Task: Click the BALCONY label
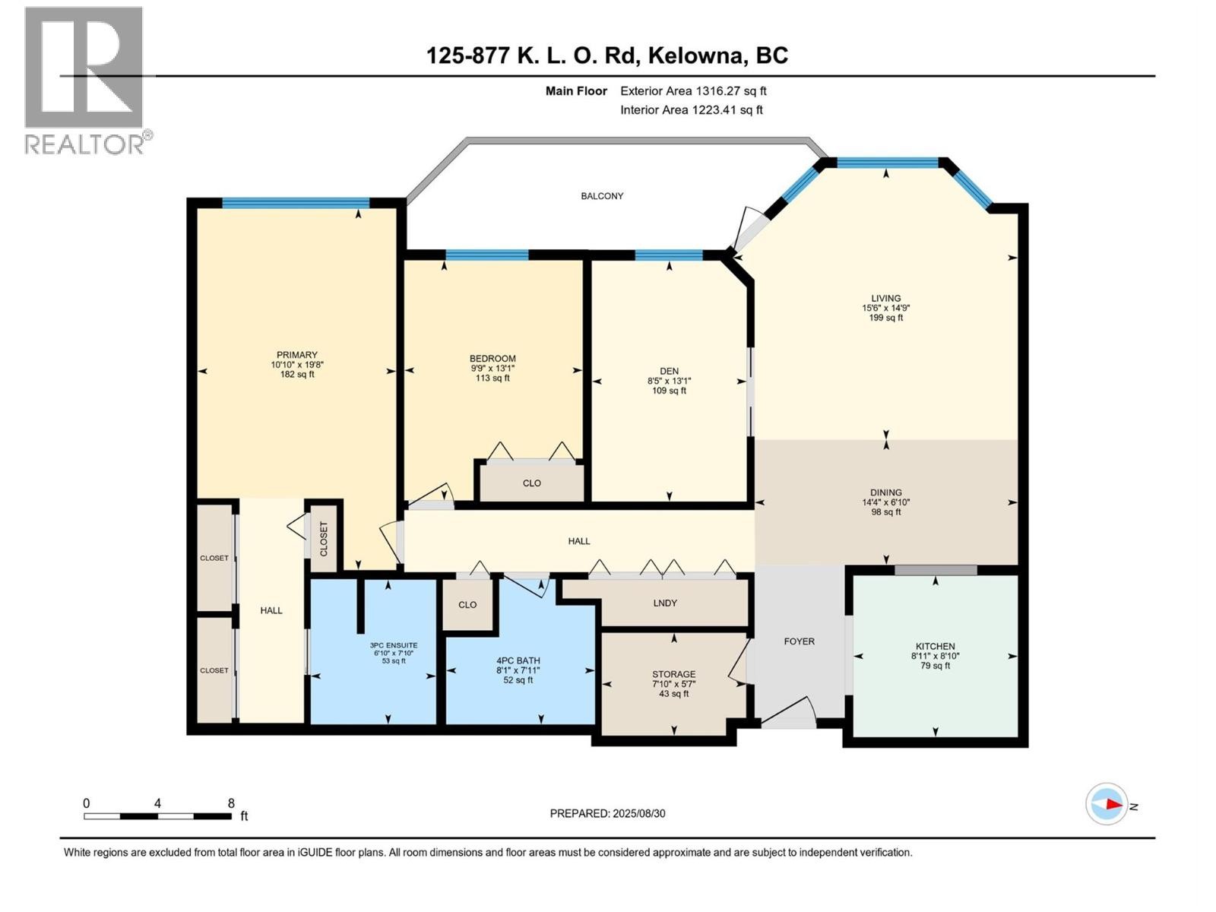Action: click(602, 196)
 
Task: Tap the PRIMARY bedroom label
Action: click(296, 355)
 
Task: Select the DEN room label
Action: click(669, 372)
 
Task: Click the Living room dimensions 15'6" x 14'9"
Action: click(885, 309)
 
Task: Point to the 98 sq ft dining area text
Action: click(885, 512)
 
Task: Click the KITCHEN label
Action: click(935, 646)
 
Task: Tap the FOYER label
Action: click(799, 641)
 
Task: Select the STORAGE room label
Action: click(673, 674)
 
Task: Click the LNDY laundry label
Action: click(665, 603)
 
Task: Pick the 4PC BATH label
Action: click(518, 660)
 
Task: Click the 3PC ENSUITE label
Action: click(394, 645)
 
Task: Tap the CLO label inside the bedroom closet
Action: click(532, 483)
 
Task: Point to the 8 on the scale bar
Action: click(231, 803)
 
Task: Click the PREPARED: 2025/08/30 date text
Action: click(607, 813)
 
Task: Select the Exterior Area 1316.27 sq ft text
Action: click(693, 91)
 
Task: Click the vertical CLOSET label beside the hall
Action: click(324, 538)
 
